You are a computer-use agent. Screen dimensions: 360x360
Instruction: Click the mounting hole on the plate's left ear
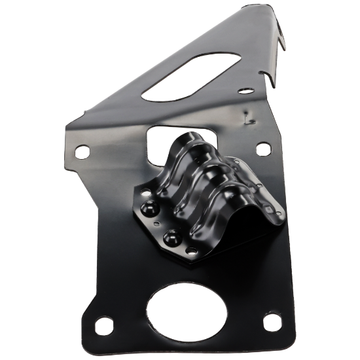pos(81,152)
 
